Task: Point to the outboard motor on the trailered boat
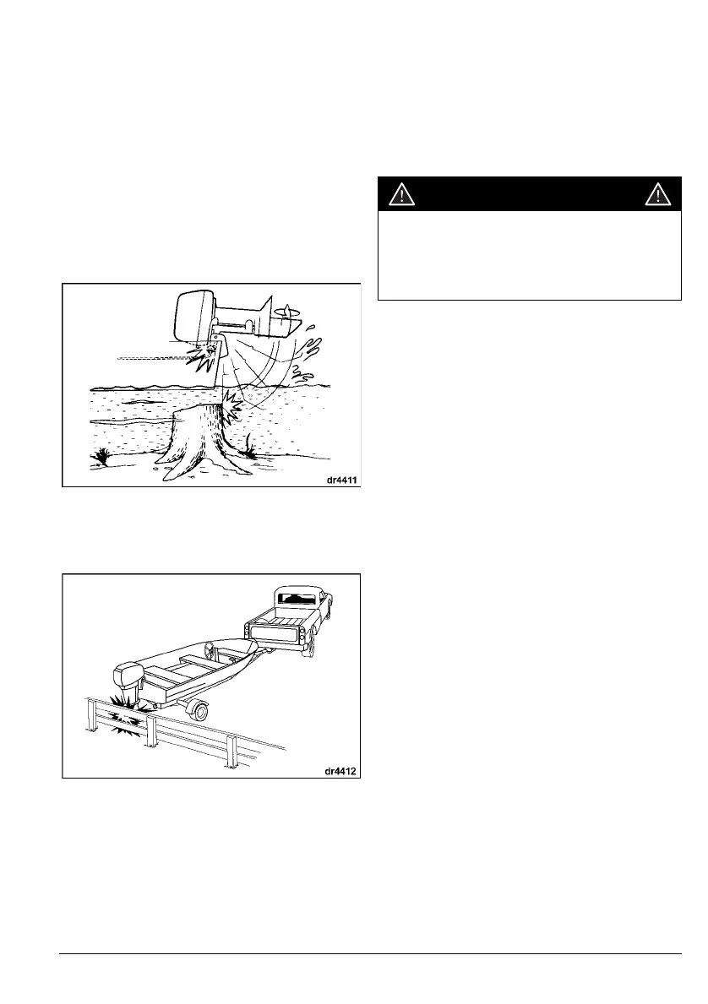tap(124, 680)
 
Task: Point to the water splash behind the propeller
tap(312, 354)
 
